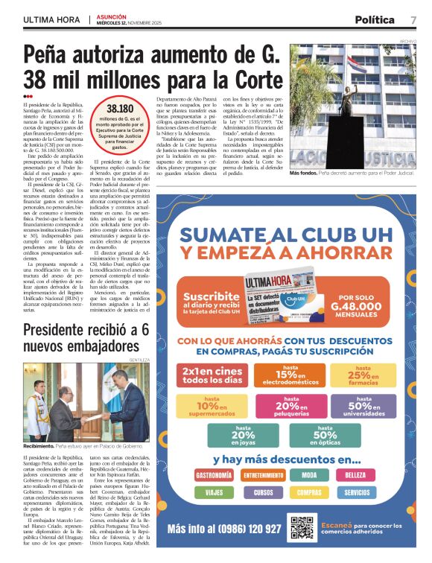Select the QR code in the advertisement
pos(302,527)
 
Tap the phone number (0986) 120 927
pos(224,529)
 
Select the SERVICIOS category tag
pos(357,492)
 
